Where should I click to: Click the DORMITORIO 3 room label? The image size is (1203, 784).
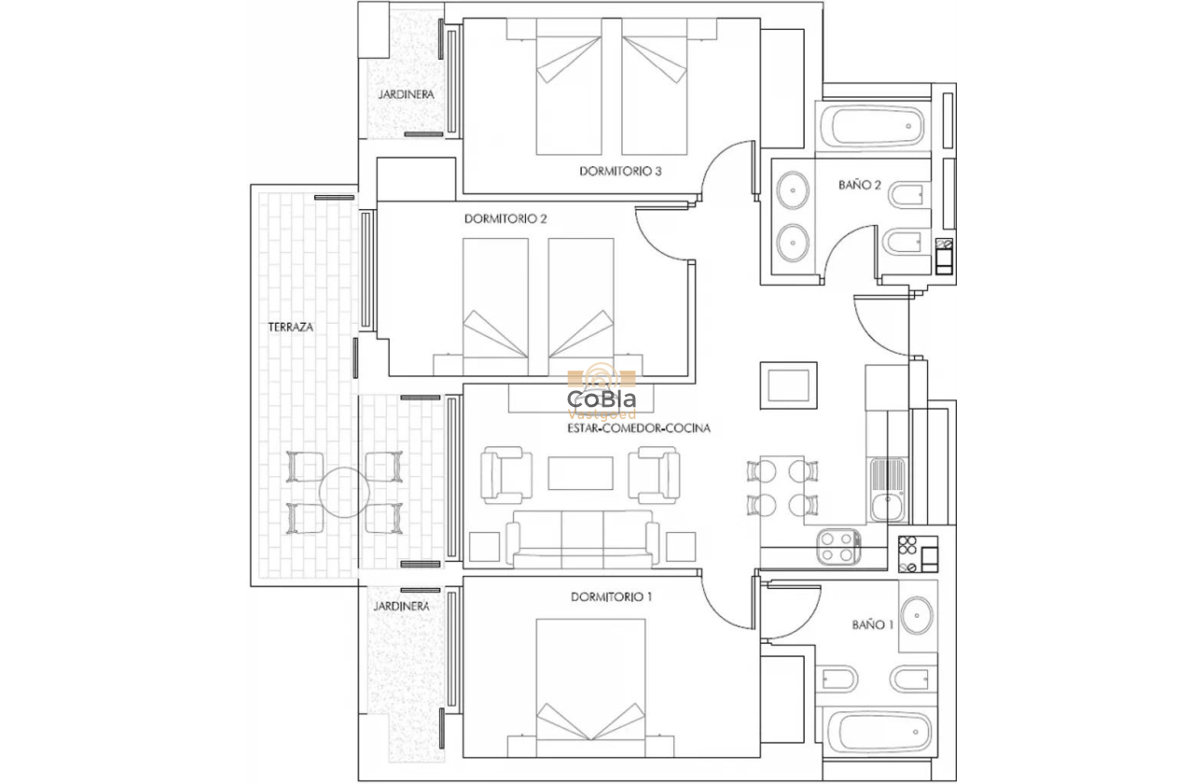[620, 171]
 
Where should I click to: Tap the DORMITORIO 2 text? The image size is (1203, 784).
[505, 219]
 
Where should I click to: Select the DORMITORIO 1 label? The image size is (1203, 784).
[611, 596]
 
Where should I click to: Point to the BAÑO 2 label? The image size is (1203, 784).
[859, 185]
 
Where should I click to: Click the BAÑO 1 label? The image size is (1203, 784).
[873, 624]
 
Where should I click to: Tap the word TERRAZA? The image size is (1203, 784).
[290, 328]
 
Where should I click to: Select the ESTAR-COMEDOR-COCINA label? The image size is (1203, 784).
[639, 428]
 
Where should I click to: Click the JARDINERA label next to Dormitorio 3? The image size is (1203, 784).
[406, 95]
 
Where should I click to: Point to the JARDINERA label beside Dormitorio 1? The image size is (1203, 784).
[401, 606]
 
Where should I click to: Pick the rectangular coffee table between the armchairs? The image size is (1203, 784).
[580, 472]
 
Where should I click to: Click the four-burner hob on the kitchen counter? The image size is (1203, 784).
[837, 547]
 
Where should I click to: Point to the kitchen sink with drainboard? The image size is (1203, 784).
[883, 490]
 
